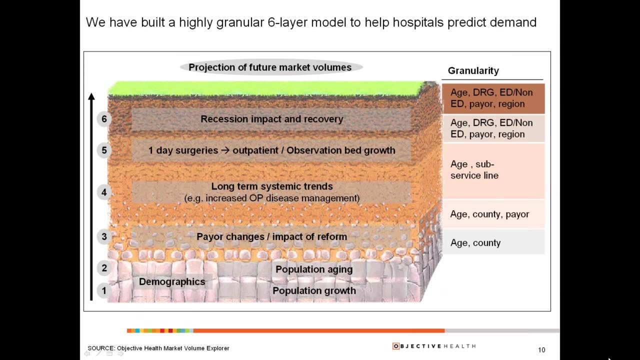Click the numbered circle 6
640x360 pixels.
pyautogui.click(x=104, y=119)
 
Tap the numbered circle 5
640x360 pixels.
pyautogui.click(x=104, y=150)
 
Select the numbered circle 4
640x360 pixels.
pyautogui.click(x=104, y=192)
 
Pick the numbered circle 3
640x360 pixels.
pyautogui.click(x=104, y=236)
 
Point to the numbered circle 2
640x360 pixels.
pyautogui.click(x=104, y=268)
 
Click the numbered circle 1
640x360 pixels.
pyautogui.click(x=104, y=290)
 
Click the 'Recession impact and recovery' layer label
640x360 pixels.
pyautogui.click(x=271, y=119)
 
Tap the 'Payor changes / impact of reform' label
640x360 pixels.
pyautogui.click(x=271, y=236)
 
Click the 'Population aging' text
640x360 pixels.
pyautogui.click(x=314, y=269)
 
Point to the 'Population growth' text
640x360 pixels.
pyautogui.click(x=314, y=290)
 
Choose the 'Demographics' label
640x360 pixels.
pyautogui.click(x=172, y=281)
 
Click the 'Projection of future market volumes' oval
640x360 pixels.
pyautogui.click(x=270, y=67)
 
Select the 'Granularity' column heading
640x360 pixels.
pyautogui.click(x=473, y=70)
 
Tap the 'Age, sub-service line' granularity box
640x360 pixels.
pyautogui.click(x=493, y=170)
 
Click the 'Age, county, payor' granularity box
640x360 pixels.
pyautogui.click(x=493, y=214)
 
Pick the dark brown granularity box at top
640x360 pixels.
pyautogui.click(x=493, y=98)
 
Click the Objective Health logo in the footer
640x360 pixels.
pyautogui.click(x=434, y=346)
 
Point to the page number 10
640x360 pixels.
pyautogui.click(x=541, y=350)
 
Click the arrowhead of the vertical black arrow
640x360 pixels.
pyautogui.click(x=91, y=96)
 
